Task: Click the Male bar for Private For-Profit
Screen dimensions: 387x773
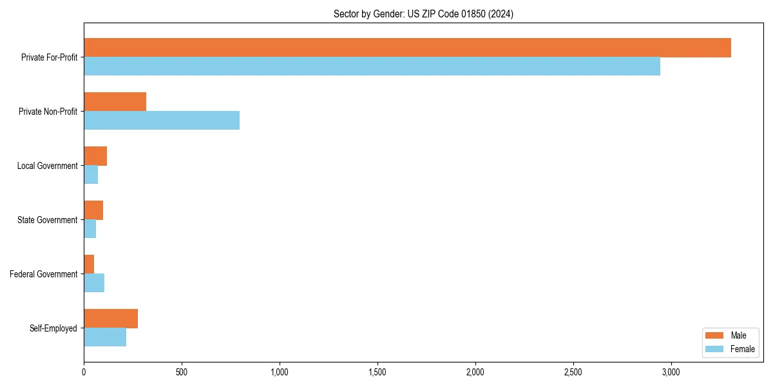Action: pos(407,48)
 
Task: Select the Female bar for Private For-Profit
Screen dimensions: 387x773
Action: pos(372,66)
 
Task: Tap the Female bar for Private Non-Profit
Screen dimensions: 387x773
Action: pos(162,121)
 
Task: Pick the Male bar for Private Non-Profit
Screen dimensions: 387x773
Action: pos(115,102)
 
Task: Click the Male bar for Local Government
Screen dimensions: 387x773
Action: pos(95,156)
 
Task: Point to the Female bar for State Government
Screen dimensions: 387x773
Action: pos(90,229)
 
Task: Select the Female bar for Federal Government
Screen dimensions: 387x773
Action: pos(94,283)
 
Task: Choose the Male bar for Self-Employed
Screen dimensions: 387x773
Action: pos(111,319)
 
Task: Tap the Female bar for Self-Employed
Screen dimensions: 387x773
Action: pos(105,337)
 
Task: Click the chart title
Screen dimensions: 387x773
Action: pos(423,14)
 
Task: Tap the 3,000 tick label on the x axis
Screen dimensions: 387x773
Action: pos(671,372)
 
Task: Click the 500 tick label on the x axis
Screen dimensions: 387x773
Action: pos(182,372)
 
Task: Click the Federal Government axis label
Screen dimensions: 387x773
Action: pos(44,274)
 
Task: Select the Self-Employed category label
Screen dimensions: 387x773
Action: pos(53,328)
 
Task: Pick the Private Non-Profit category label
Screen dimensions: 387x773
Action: pos(48,112)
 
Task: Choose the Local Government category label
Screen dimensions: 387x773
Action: pos(47,166)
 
